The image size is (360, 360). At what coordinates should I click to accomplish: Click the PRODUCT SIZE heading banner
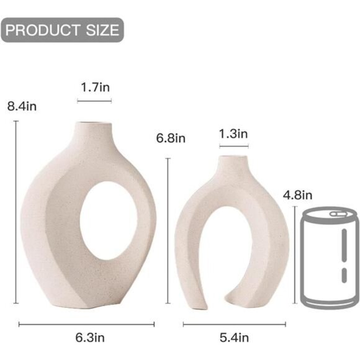pos(62,30)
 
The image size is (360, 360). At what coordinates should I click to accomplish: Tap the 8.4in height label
pos(22,106)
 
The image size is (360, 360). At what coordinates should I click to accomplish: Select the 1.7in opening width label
pos(95,88)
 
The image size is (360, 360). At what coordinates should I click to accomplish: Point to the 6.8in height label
pos(171,138)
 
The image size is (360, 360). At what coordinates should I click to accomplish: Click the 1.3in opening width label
pos(233,133)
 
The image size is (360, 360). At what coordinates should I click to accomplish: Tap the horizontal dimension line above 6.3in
pos(87,323)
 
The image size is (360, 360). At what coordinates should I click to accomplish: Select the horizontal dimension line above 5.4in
pos(234,324)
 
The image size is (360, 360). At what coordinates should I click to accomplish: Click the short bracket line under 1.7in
pos(95,101)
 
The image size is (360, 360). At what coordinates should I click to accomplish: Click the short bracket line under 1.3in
pos(233,146)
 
